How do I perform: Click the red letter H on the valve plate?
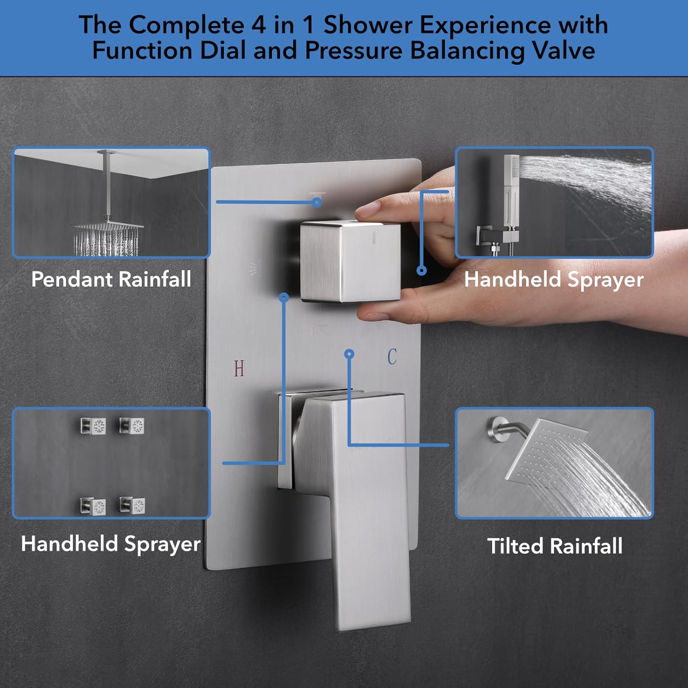tap(239, 368)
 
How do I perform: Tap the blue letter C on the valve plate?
tap(392, 357)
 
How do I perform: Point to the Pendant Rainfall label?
tap(111, 279)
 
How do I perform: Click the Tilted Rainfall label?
tap(555, 546)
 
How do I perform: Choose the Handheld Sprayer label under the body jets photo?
tap(111, 544)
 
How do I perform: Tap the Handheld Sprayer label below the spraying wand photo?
tap(554, 279)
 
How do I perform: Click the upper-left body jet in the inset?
tap(93, 426)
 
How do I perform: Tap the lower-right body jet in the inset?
tap(133, 505)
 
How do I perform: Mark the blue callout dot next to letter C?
tap(350, 354)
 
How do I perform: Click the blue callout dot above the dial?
tap(317, 202)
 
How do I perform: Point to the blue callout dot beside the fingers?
tap(422, 271)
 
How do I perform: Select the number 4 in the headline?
tap(259, 25)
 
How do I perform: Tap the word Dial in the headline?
tap(223, 50)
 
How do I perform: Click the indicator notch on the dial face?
tap(374, 237)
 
